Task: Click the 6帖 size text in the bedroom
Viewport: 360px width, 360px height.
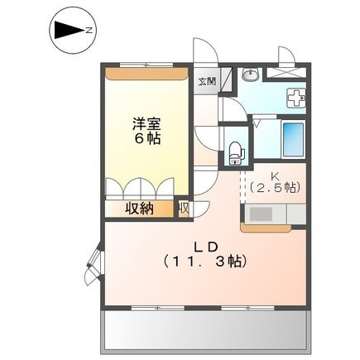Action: [x=147, y=139]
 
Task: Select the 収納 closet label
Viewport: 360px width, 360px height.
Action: [x=140, y=209]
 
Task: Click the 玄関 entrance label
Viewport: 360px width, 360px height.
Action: [x=207, y=81]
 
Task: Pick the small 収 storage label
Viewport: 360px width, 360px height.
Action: [x=183, y=209]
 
